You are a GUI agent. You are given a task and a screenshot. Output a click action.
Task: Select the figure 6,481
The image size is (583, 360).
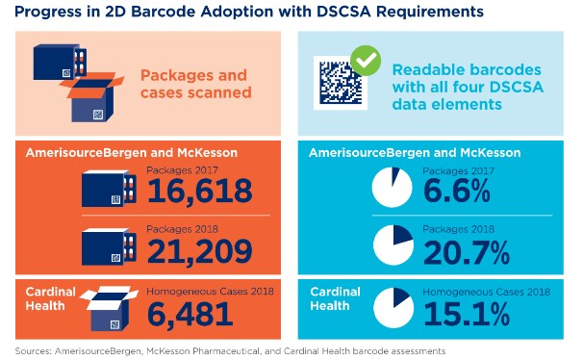point(190,312)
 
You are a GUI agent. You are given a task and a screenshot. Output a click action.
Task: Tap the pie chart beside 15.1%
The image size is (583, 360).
point(393,306)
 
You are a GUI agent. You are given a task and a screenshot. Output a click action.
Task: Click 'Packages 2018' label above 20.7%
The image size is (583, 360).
point(451,230)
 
